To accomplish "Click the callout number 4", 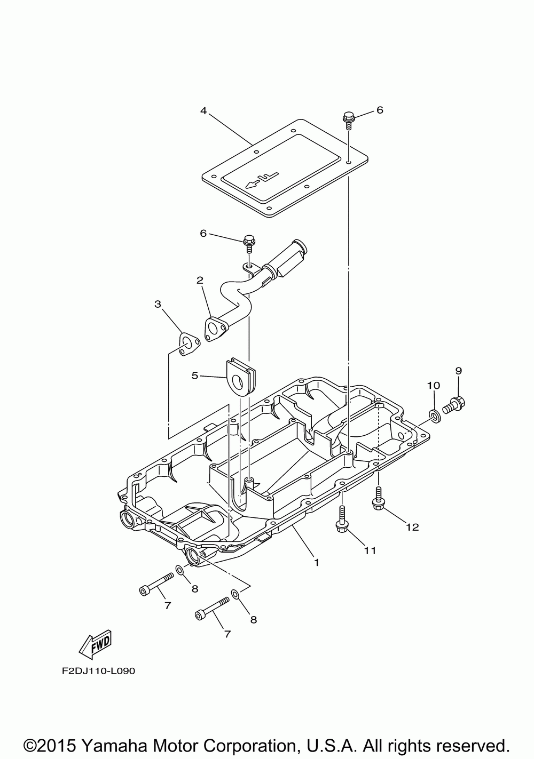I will click(x=203, y=111).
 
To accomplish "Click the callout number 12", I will click(x=412, y=528).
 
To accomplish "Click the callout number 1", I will click(x=316, y=562).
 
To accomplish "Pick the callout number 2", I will click(x=200, y=280).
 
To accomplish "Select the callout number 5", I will click(x=195, y=376).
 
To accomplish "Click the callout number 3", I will click(x=158, y=304).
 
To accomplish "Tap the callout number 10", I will click(x=433, y=385).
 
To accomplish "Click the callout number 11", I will click(x=370, y=550).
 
